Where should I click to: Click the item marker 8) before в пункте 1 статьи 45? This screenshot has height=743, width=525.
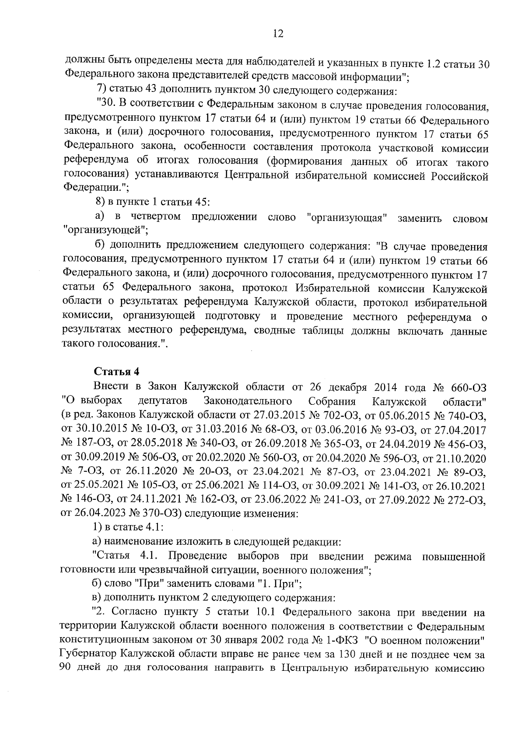tap(100, 202)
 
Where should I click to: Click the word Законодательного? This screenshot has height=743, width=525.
tap(248, 401)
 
